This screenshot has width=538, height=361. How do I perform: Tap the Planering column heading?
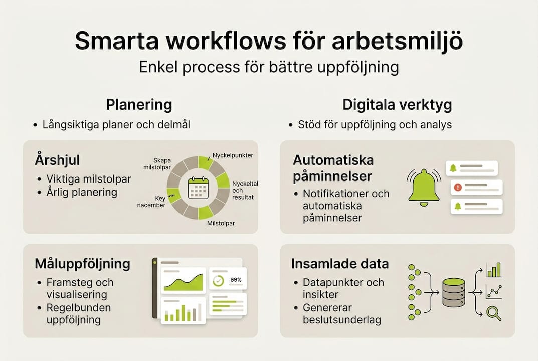tap(139, 105)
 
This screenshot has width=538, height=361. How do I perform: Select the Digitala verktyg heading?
tap(397, 105)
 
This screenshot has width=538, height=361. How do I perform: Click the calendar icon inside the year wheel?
tap(198, 189)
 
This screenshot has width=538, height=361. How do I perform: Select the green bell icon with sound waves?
tap(424, 188)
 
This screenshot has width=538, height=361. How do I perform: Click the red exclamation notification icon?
tap(457, 187)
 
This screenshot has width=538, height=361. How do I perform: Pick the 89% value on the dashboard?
tap(235, 280)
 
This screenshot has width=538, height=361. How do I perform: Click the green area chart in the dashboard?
tap(183, 283)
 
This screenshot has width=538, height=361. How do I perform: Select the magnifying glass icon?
tap(494, 313)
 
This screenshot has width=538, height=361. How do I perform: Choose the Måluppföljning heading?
tap(82, 263)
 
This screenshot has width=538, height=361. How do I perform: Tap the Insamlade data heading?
tap(340, 264)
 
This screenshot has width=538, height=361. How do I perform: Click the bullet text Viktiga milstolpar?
tap(89, 179)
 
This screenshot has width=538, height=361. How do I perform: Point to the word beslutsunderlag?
tap(341, 320)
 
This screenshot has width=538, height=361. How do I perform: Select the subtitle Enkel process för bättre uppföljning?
tap(269, 68)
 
